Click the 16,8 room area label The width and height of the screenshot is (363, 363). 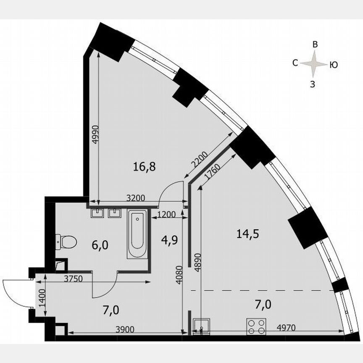(x=144, y=167)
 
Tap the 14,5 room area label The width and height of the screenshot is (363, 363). (x=247, y=234)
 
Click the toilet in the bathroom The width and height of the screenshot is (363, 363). (x=67, y=242)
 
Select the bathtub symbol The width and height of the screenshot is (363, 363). (x=137, y=234)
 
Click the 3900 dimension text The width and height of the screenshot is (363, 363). (x=124, y=329)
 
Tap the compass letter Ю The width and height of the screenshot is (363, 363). (x=334, y=65)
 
